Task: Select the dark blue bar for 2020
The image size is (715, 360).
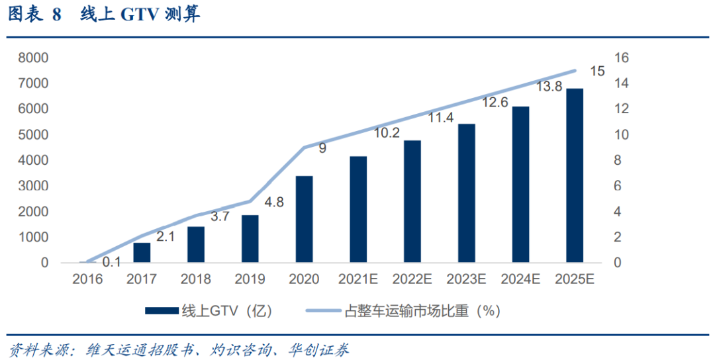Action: [x=304, y=219]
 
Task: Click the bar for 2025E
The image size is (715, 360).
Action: [x=574, y=175]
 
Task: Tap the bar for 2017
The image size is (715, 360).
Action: [x=142, y=252]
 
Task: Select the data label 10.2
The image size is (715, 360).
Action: [x=386, y=133]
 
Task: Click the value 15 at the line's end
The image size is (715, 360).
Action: [x=596, y=71]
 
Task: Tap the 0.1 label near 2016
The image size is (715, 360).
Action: [x=111, y=263]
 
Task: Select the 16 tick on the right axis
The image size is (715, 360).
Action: [x=621, y=58]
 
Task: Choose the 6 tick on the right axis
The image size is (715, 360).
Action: [x=618, y=186]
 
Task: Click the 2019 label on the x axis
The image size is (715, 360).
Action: [x=250, y=279]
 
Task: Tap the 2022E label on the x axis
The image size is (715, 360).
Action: [x=412, y=279]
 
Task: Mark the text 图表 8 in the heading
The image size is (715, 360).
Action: [x=34, y=15]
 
